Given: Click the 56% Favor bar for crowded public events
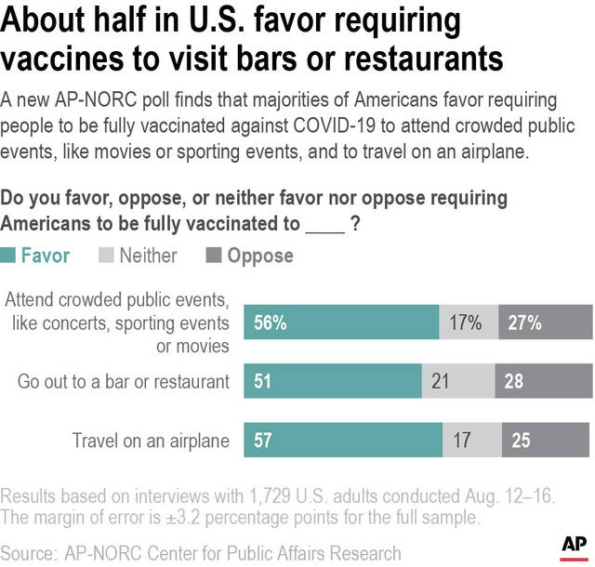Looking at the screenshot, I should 341,323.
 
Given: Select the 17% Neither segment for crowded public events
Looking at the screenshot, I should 469,323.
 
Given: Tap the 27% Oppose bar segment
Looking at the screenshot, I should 546,323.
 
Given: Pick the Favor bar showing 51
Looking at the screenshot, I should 332,381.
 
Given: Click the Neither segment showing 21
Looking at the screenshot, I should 457,381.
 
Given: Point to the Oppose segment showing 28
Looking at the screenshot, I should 544,381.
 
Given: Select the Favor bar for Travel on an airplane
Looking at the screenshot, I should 343,440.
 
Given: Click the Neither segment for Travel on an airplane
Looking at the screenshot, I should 472,440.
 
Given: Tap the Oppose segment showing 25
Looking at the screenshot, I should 548,440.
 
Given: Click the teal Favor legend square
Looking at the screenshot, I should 8,256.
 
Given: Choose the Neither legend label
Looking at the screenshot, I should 148,255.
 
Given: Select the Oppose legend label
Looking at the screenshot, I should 259,255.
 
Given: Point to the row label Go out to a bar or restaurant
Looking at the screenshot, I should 124,381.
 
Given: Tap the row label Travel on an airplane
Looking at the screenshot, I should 151,440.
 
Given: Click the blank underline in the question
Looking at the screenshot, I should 324,224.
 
